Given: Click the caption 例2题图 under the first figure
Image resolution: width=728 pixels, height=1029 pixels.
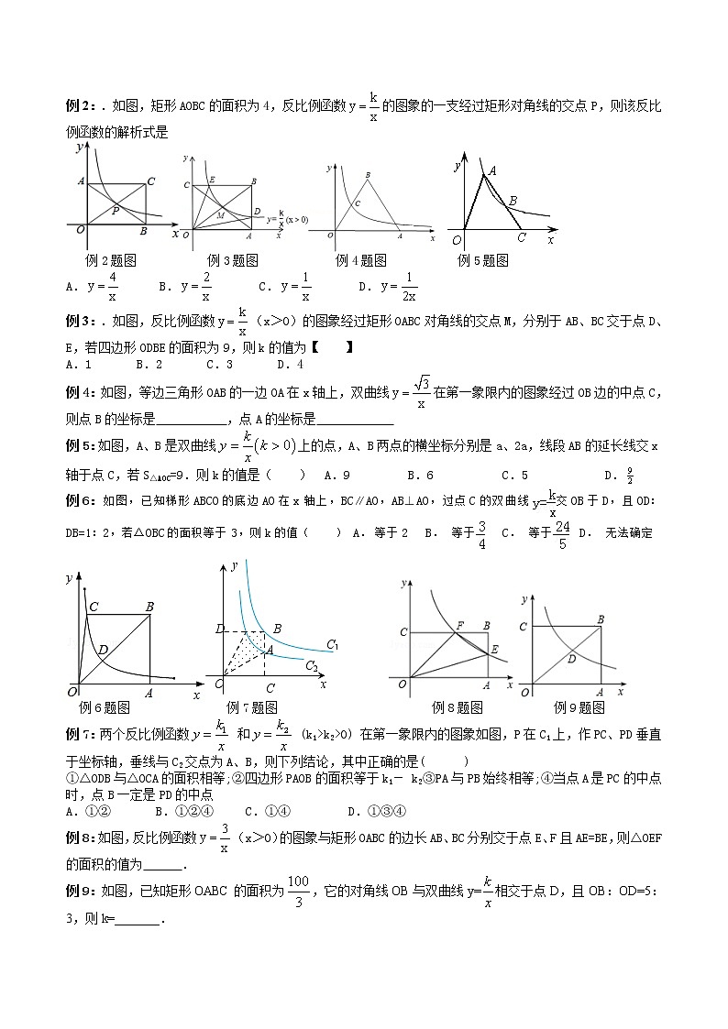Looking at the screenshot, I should pyautogui.click(x=111, y=259).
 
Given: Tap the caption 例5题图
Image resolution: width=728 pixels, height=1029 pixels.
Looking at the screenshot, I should pyautogui.click(x=483, y=259).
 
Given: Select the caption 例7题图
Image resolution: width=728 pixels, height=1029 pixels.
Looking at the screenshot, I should pyautogui.click(x=251, y=706).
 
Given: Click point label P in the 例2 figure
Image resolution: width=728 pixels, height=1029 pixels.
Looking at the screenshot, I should pyautogui.click(x=115, y=210).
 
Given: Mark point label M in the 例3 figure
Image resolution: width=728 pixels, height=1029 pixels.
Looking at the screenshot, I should pyautogui.click(x=221, y=214).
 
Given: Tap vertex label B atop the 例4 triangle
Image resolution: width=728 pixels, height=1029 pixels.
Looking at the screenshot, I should pyautogui.click(x=368, y=174).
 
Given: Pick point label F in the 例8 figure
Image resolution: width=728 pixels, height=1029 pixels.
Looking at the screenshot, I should pyautogui.click(x=459, y=626).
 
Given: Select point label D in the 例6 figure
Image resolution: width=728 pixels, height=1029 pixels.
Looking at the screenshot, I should pyautogui.click(x=103, y=650).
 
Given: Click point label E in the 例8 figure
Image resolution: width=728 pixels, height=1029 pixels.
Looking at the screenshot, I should pyautogui.click(x=494, y=650).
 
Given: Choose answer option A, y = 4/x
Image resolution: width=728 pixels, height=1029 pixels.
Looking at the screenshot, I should pyautogui.click(x=93, y=287).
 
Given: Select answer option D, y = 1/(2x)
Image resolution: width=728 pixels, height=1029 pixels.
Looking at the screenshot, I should pyautogui.click(x=389, y=287).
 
